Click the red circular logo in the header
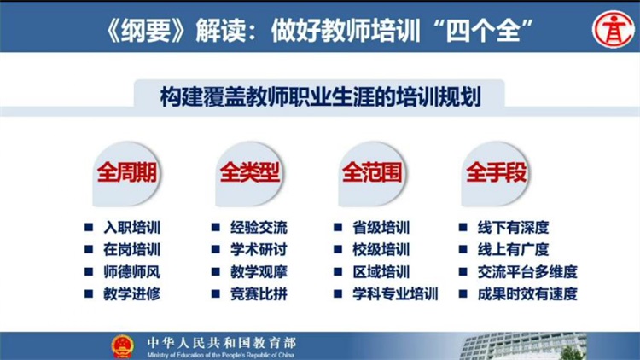(614, 29)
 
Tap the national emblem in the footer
(122, 346)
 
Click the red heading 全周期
(127, 171)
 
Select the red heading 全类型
(250, 171)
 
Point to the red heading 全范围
(372, 171)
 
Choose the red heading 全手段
(497, 171)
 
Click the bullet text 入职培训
(131, 228)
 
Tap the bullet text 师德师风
(131, 272)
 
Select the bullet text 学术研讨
(259, 249)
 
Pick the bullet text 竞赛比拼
(259, 293)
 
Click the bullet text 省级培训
(381, 228)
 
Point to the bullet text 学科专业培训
(395, 293)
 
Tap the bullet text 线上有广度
(514, 249)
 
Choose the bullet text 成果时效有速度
(527, 293)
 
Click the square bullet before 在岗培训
(89, 249)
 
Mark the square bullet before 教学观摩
(216, 271)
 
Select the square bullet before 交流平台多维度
(463, 271)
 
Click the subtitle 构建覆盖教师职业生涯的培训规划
(320, 96)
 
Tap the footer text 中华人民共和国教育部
(222, 342)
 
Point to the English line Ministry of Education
(221, 355)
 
